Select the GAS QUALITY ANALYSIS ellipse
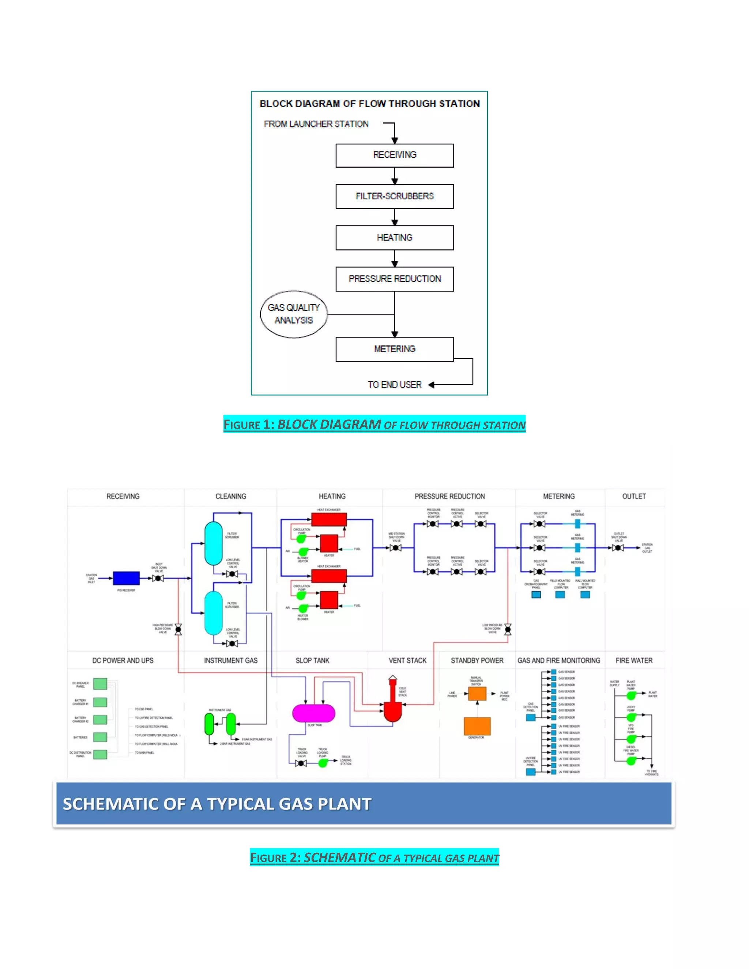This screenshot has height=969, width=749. click(x=294, y=314)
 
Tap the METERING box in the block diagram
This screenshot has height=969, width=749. click(x=395, y=349)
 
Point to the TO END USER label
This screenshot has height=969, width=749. click(x=395, y=385)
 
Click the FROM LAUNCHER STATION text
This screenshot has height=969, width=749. click(x=316, y=124)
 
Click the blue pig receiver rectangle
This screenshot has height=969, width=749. click(x=126, y=578)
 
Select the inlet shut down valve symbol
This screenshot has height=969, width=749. click(x=158, y=578)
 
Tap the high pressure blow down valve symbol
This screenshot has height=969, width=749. click(x=178, y=629)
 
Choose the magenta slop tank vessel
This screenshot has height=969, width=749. click(x=314, y=713)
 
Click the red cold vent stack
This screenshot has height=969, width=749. click(x=392, y=705)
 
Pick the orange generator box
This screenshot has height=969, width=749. click(x=477, y=726)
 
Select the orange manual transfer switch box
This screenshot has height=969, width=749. click(x=477, y=693)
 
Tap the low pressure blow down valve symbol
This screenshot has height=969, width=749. click(x=508, y=629)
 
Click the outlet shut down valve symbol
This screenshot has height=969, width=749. click(x=618, y=548)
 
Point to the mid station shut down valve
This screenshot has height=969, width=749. click(x=396, y=548)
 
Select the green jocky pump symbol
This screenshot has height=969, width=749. click(x=631, y=717)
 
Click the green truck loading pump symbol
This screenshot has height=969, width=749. click(x=323, y=763)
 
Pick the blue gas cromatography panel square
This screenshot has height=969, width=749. click(x=536, y=595)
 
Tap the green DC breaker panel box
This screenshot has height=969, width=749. click(x=100, y=684)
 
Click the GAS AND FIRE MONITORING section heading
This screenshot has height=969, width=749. click(x=559, y=661)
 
